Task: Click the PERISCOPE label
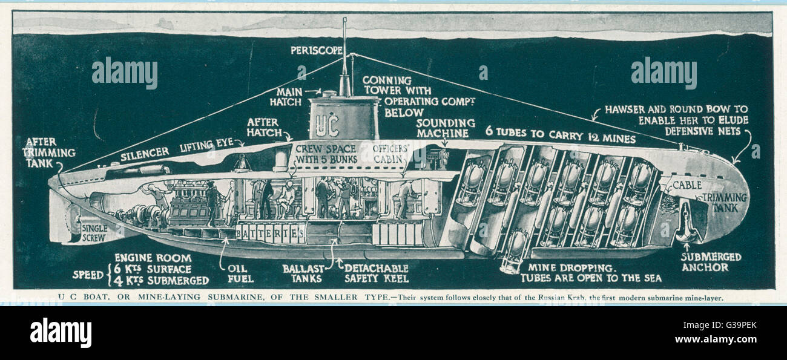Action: pyautogui.click(x=316, y=50)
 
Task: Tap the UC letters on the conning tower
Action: pyautogui.click(x=328, y=125)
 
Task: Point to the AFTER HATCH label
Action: pyautogui.click(x=264, y=127)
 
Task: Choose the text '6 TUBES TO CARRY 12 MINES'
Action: pyautogui.click(x=560, y=138)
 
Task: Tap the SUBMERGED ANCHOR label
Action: pyautogui.click(x=711, y=261)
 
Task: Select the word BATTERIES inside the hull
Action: pyautogui.click(x=270, y=232)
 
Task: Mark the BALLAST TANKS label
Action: pyautogui.click(x=303, y=273)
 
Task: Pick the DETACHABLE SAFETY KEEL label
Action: pyautogui.click(x=376, y=273)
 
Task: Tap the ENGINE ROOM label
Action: pyautogui.click(x=153, y=258)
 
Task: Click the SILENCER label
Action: pyautogui.click(x=144, y=156)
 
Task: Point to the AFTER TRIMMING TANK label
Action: pyautogui.click(x=49, y=152)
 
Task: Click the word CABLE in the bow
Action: pyautogui.click(x=687, y=185)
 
